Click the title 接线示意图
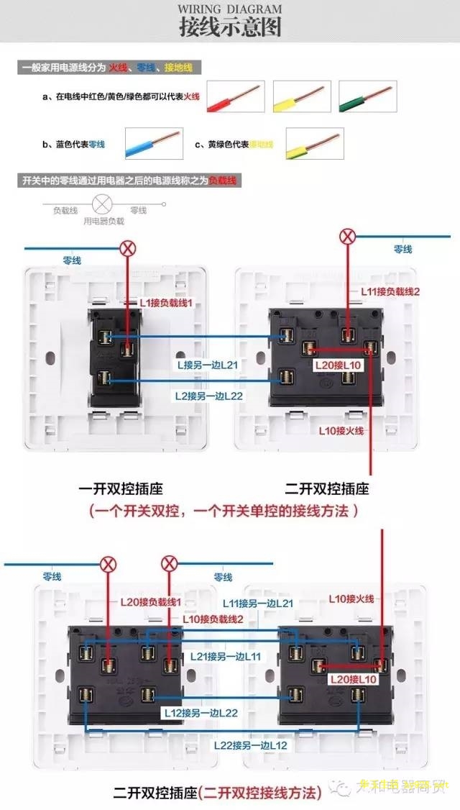tap(230, 27)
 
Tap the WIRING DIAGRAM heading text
tap(230, 9)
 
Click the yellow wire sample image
tap(302, 96)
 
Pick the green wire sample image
tap(367, 96)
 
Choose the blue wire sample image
tap(154, 144)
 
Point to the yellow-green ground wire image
tap(314, 144)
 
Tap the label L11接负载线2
tap(390, 291)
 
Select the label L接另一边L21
tap(208, 365)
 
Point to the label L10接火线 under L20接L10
tap(341, 430)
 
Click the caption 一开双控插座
tap(121, 489)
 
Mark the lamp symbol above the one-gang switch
tap(128, 249)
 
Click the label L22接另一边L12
tap(250, 745)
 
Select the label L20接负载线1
tap(151, 601)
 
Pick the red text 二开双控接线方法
tap(260, 793)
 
